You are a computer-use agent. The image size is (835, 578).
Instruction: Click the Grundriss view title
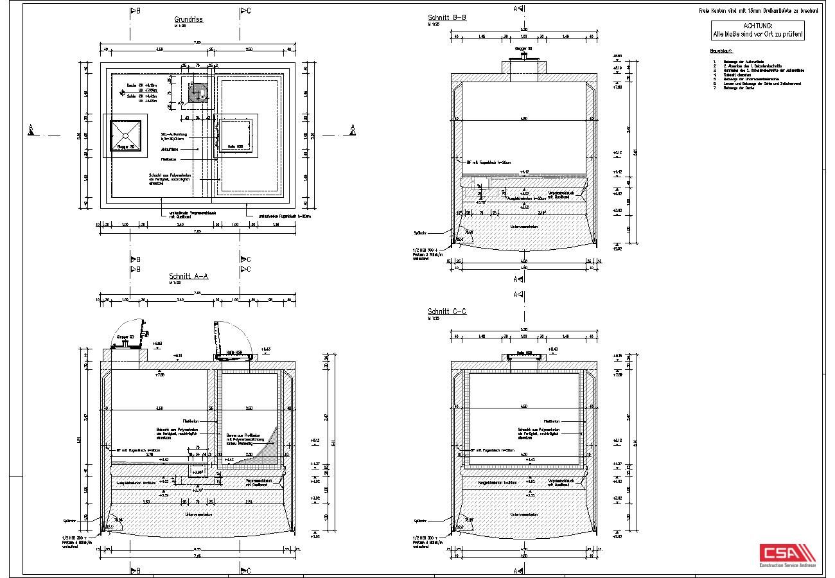(x=188, y=19)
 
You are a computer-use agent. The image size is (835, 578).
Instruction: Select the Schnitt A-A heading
(x=188, y=276)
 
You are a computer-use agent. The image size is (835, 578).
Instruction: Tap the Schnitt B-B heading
(x=446, y=17)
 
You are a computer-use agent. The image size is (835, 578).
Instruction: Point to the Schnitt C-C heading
(x=446, y=311)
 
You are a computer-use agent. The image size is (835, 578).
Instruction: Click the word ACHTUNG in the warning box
(x=757, y=26)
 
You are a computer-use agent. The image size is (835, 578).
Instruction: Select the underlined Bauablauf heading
(x=721, y=50)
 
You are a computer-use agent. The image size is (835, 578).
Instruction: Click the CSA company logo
(x=787, y=554)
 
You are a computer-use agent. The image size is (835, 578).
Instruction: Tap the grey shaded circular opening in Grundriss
(x=198, y=92)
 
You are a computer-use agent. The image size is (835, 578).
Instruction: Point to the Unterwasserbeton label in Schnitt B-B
(x=523, y=227)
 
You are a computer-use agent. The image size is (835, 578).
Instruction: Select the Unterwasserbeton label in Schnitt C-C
(x=523, y=514)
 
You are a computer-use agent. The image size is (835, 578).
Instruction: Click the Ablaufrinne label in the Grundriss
(x=170, y=149)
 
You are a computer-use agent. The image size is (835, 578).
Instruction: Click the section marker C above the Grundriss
(x=246, y=11)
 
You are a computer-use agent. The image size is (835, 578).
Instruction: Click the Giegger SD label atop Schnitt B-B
(x=523, y=48)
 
